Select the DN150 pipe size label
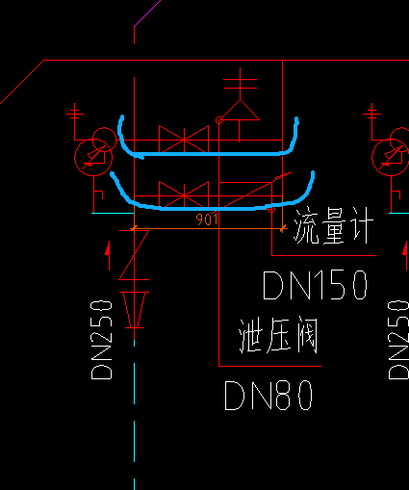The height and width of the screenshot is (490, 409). tap(316, 285)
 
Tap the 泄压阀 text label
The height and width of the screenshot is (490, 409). tap(279, 337)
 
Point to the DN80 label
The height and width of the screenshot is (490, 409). tap(269, 396)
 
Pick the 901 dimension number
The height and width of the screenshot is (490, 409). tap(207, 220)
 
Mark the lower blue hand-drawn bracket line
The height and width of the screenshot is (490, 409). tap(214, 205)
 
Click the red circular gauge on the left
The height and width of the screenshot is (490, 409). tap(92, 153)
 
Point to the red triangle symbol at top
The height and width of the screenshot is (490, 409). tap(241, 109)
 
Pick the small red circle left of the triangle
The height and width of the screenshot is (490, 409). tap(219, 120)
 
